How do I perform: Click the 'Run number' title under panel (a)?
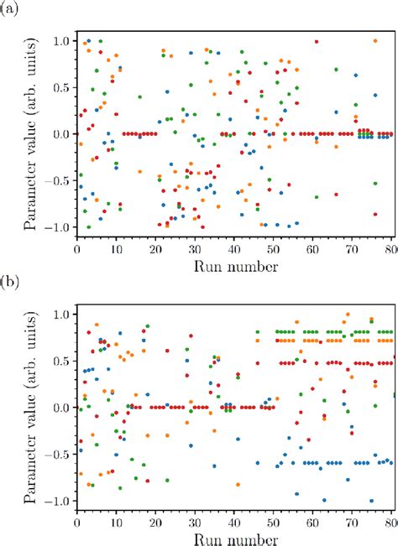[234, 265]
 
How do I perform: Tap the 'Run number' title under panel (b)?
[234, 538]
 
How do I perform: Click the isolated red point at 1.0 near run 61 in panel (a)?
[317, 41]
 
